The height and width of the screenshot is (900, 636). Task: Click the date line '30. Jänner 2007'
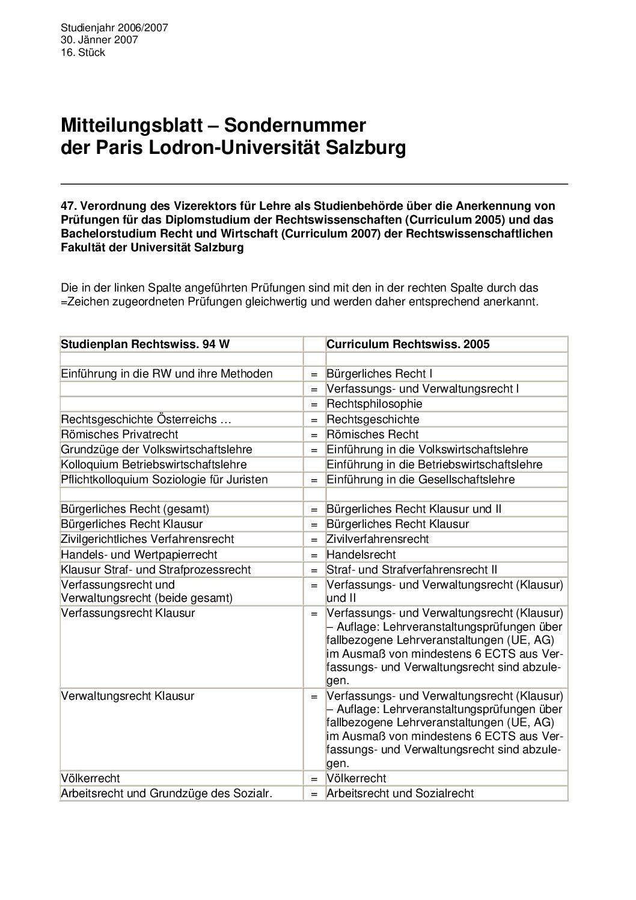[99, 40]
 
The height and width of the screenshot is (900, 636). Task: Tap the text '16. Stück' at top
[83, 53]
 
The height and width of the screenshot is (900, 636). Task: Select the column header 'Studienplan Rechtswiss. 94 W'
[145, 344]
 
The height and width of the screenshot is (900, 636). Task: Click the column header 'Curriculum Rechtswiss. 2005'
[408, 344]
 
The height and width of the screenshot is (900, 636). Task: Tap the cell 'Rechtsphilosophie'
[375, 404]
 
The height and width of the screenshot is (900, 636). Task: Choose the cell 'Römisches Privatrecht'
[120, 434]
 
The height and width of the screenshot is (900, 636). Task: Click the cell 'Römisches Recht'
[373, 434]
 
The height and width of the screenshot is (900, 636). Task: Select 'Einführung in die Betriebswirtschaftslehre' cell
[435, 464]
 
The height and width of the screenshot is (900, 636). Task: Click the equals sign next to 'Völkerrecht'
[314, 779]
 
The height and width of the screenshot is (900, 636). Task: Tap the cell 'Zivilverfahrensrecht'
[378, 539]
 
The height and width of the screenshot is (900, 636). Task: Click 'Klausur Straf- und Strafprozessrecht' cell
[156, 569]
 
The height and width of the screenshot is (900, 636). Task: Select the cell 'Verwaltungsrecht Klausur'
[128, 696]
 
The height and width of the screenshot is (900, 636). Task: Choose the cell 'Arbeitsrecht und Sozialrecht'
[400, 794]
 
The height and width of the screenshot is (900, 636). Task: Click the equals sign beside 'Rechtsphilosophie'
[314, 404]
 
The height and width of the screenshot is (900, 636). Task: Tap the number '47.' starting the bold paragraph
[70, 207]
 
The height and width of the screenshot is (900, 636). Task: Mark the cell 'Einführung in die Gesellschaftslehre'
[421, 479]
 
